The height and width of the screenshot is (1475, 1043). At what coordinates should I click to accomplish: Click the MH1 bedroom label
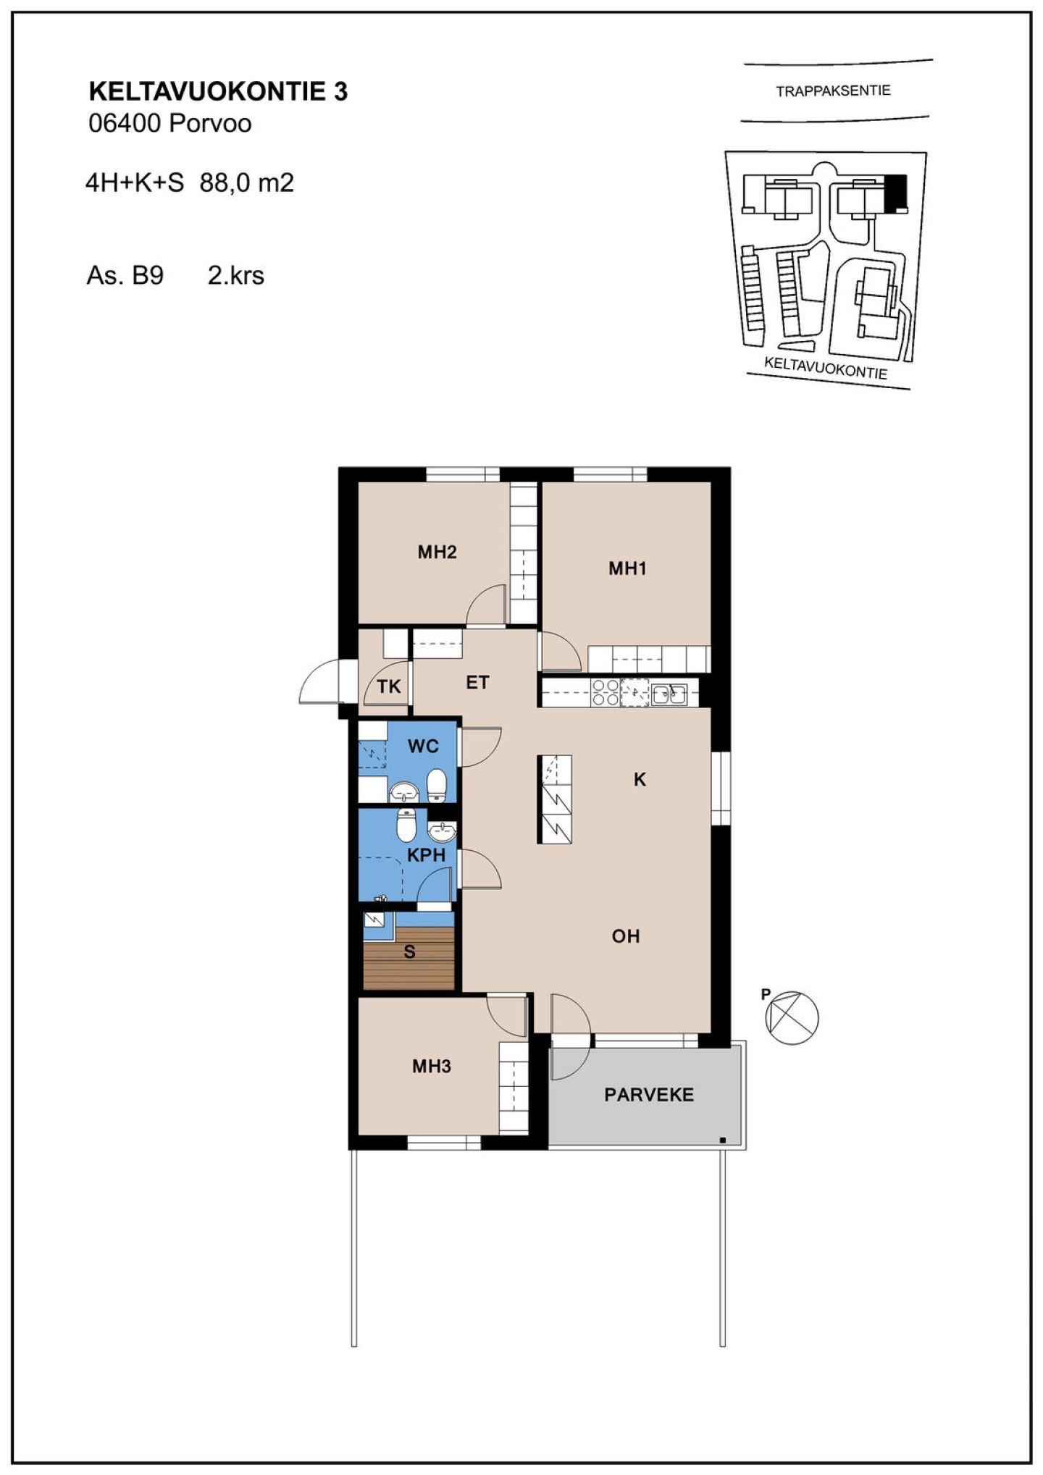(627, 568)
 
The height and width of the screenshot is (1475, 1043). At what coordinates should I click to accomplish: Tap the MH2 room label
(437, 552)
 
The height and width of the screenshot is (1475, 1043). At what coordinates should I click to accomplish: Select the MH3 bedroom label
(432, 1066)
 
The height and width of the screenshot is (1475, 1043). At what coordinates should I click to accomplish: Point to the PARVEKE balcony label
(649, 1094)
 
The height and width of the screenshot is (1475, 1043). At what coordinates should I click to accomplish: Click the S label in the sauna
(409, 951)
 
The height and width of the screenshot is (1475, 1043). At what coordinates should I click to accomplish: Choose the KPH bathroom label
(426, 854)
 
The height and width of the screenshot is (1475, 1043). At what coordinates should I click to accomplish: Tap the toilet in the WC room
(436, 785)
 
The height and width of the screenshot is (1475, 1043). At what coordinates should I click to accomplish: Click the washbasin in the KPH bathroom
(442, 831)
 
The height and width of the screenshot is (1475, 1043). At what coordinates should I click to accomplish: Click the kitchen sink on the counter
(669, 694)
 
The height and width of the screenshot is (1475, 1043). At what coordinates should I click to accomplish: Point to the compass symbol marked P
(792, 1017)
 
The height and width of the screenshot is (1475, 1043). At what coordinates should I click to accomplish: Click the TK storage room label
(389, 686)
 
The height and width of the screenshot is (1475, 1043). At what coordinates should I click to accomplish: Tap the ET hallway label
(477, 682)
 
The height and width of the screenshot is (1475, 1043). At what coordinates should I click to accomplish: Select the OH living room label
(626, 936)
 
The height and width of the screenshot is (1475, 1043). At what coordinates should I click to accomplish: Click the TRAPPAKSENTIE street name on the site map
(833, 91)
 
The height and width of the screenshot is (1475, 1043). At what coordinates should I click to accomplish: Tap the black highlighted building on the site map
(897, 193)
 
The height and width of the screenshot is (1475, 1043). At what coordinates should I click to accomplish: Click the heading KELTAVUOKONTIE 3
(218, 91)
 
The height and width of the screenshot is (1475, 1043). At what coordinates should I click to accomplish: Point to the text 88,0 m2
(247, 182)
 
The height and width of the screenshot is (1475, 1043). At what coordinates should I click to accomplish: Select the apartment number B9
(148, 275)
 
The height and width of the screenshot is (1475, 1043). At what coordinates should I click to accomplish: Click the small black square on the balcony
(723, 1140)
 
